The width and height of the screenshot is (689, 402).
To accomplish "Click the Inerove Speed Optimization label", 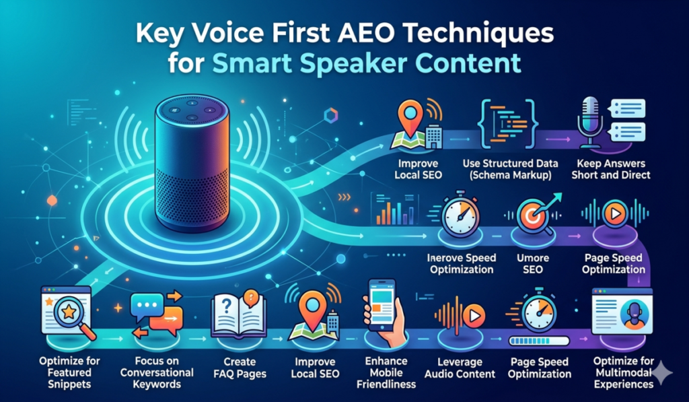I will pyautogui.click(x=462, y=263).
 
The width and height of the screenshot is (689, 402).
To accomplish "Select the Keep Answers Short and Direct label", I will pyautogui.click(x=610, y=170).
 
